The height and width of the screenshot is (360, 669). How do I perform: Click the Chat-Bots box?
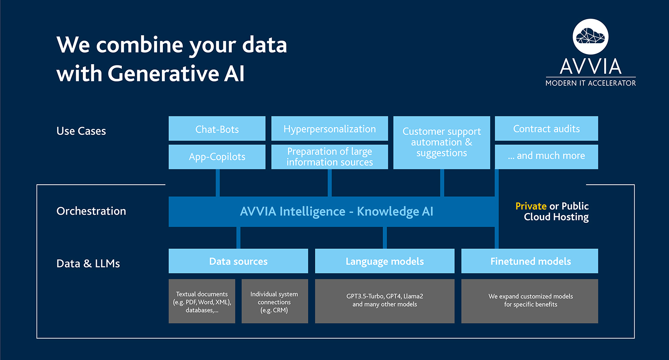point(217,129)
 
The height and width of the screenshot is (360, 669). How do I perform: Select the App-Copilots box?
point(217,157)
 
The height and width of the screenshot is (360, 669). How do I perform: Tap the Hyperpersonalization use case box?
point(330,129)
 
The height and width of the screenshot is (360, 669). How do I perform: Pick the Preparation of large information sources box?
point(330,157)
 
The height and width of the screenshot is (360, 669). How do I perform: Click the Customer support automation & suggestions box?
point(442,142)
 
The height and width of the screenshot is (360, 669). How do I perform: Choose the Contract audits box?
point(546,129)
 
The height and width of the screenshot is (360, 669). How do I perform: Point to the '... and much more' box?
point(546,156)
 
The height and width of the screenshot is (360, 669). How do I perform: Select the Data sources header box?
point(238,261)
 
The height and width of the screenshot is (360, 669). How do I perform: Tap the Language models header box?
point(384,261)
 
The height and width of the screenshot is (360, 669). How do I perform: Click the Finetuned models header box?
point(530,261)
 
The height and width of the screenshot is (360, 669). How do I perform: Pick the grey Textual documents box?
point(202,301)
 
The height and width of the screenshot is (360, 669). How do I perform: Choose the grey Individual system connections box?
point(274,301)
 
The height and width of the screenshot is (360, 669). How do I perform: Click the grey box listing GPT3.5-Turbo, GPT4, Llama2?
point(384,301)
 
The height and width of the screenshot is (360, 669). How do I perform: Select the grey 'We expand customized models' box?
point(530,301)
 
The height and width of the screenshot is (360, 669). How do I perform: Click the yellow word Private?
point(531,206)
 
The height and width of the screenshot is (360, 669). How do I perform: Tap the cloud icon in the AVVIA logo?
point(591,37)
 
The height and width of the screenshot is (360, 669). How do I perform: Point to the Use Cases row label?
point(81,131)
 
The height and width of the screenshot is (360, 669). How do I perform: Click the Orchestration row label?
point(91,211)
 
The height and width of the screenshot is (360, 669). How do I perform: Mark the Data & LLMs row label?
point(88,263)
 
